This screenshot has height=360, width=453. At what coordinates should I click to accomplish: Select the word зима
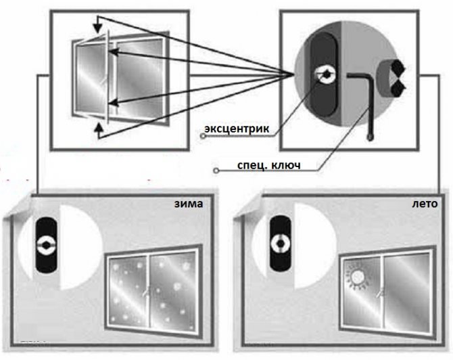click(x=188, y=204)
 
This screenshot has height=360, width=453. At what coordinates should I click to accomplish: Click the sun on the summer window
click(x=356, y=277)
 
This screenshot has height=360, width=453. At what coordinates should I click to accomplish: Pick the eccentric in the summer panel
click(x=279, y=242)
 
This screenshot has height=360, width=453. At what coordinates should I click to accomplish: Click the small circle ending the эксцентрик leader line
click(x=204, y=136)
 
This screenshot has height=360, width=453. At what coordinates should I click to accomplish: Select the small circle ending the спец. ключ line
click(x=215, y=171)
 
